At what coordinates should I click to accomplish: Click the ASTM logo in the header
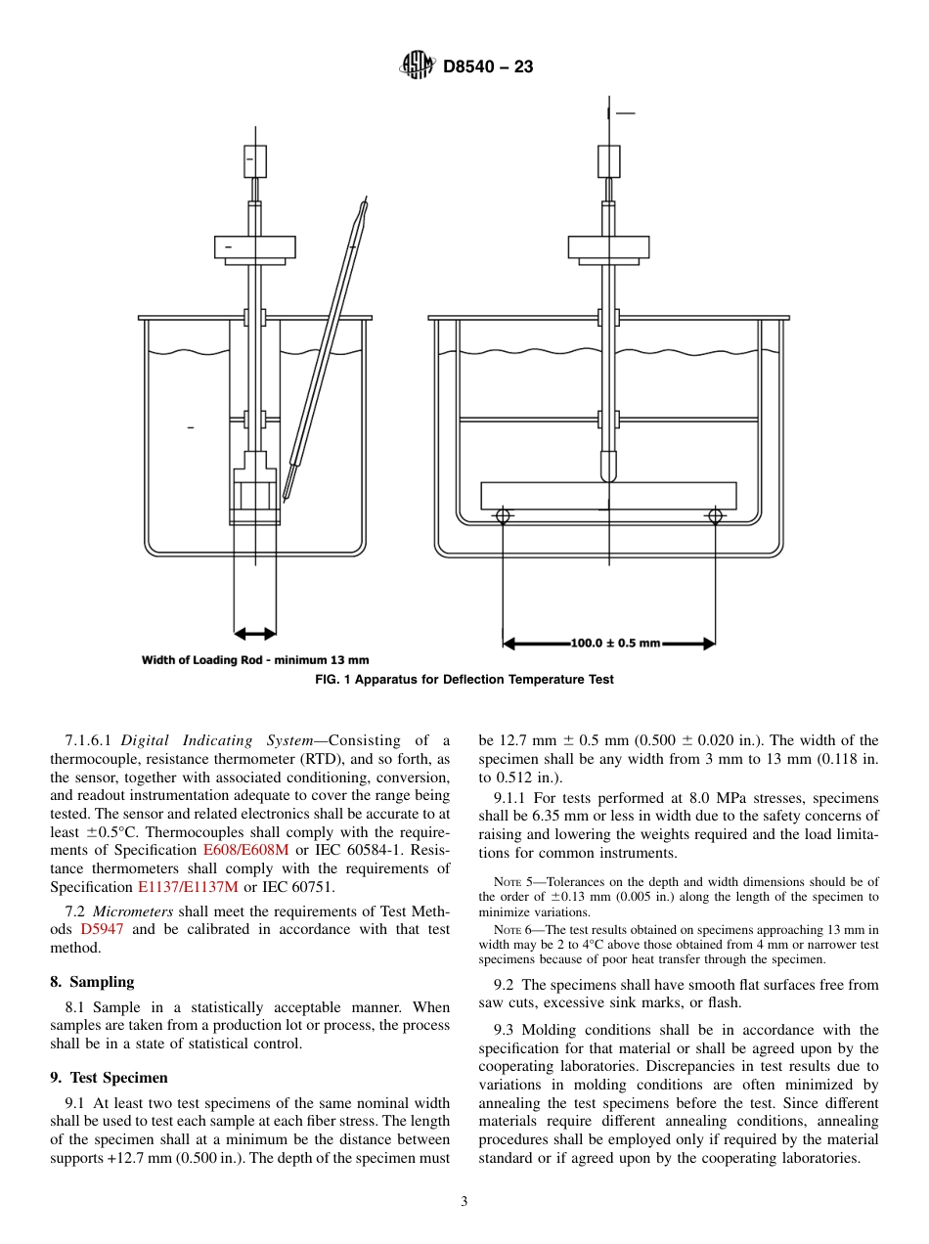coord(417,67)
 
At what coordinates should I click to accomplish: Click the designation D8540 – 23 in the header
coord(488,67)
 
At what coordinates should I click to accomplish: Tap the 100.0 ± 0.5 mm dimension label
coord(615,644)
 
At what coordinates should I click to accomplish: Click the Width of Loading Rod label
coord(255,660)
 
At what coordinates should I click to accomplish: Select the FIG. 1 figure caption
coord(464,680)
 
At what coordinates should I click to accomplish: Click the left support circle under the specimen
coord(503,515)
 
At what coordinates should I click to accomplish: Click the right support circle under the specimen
coord(715,515)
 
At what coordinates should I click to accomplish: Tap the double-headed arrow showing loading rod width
coord(255,632)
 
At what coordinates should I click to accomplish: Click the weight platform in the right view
coord(608,247)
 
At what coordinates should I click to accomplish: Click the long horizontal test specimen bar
coord(608,496)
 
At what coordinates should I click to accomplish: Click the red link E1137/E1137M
coord(188,887)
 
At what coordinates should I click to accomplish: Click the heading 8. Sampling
coord(92,982)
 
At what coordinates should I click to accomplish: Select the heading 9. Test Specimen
coord(109,1078)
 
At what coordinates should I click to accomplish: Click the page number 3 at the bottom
coord(464,1202)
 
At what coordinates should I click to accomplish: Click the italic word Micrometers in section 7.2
coord(133,911)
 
